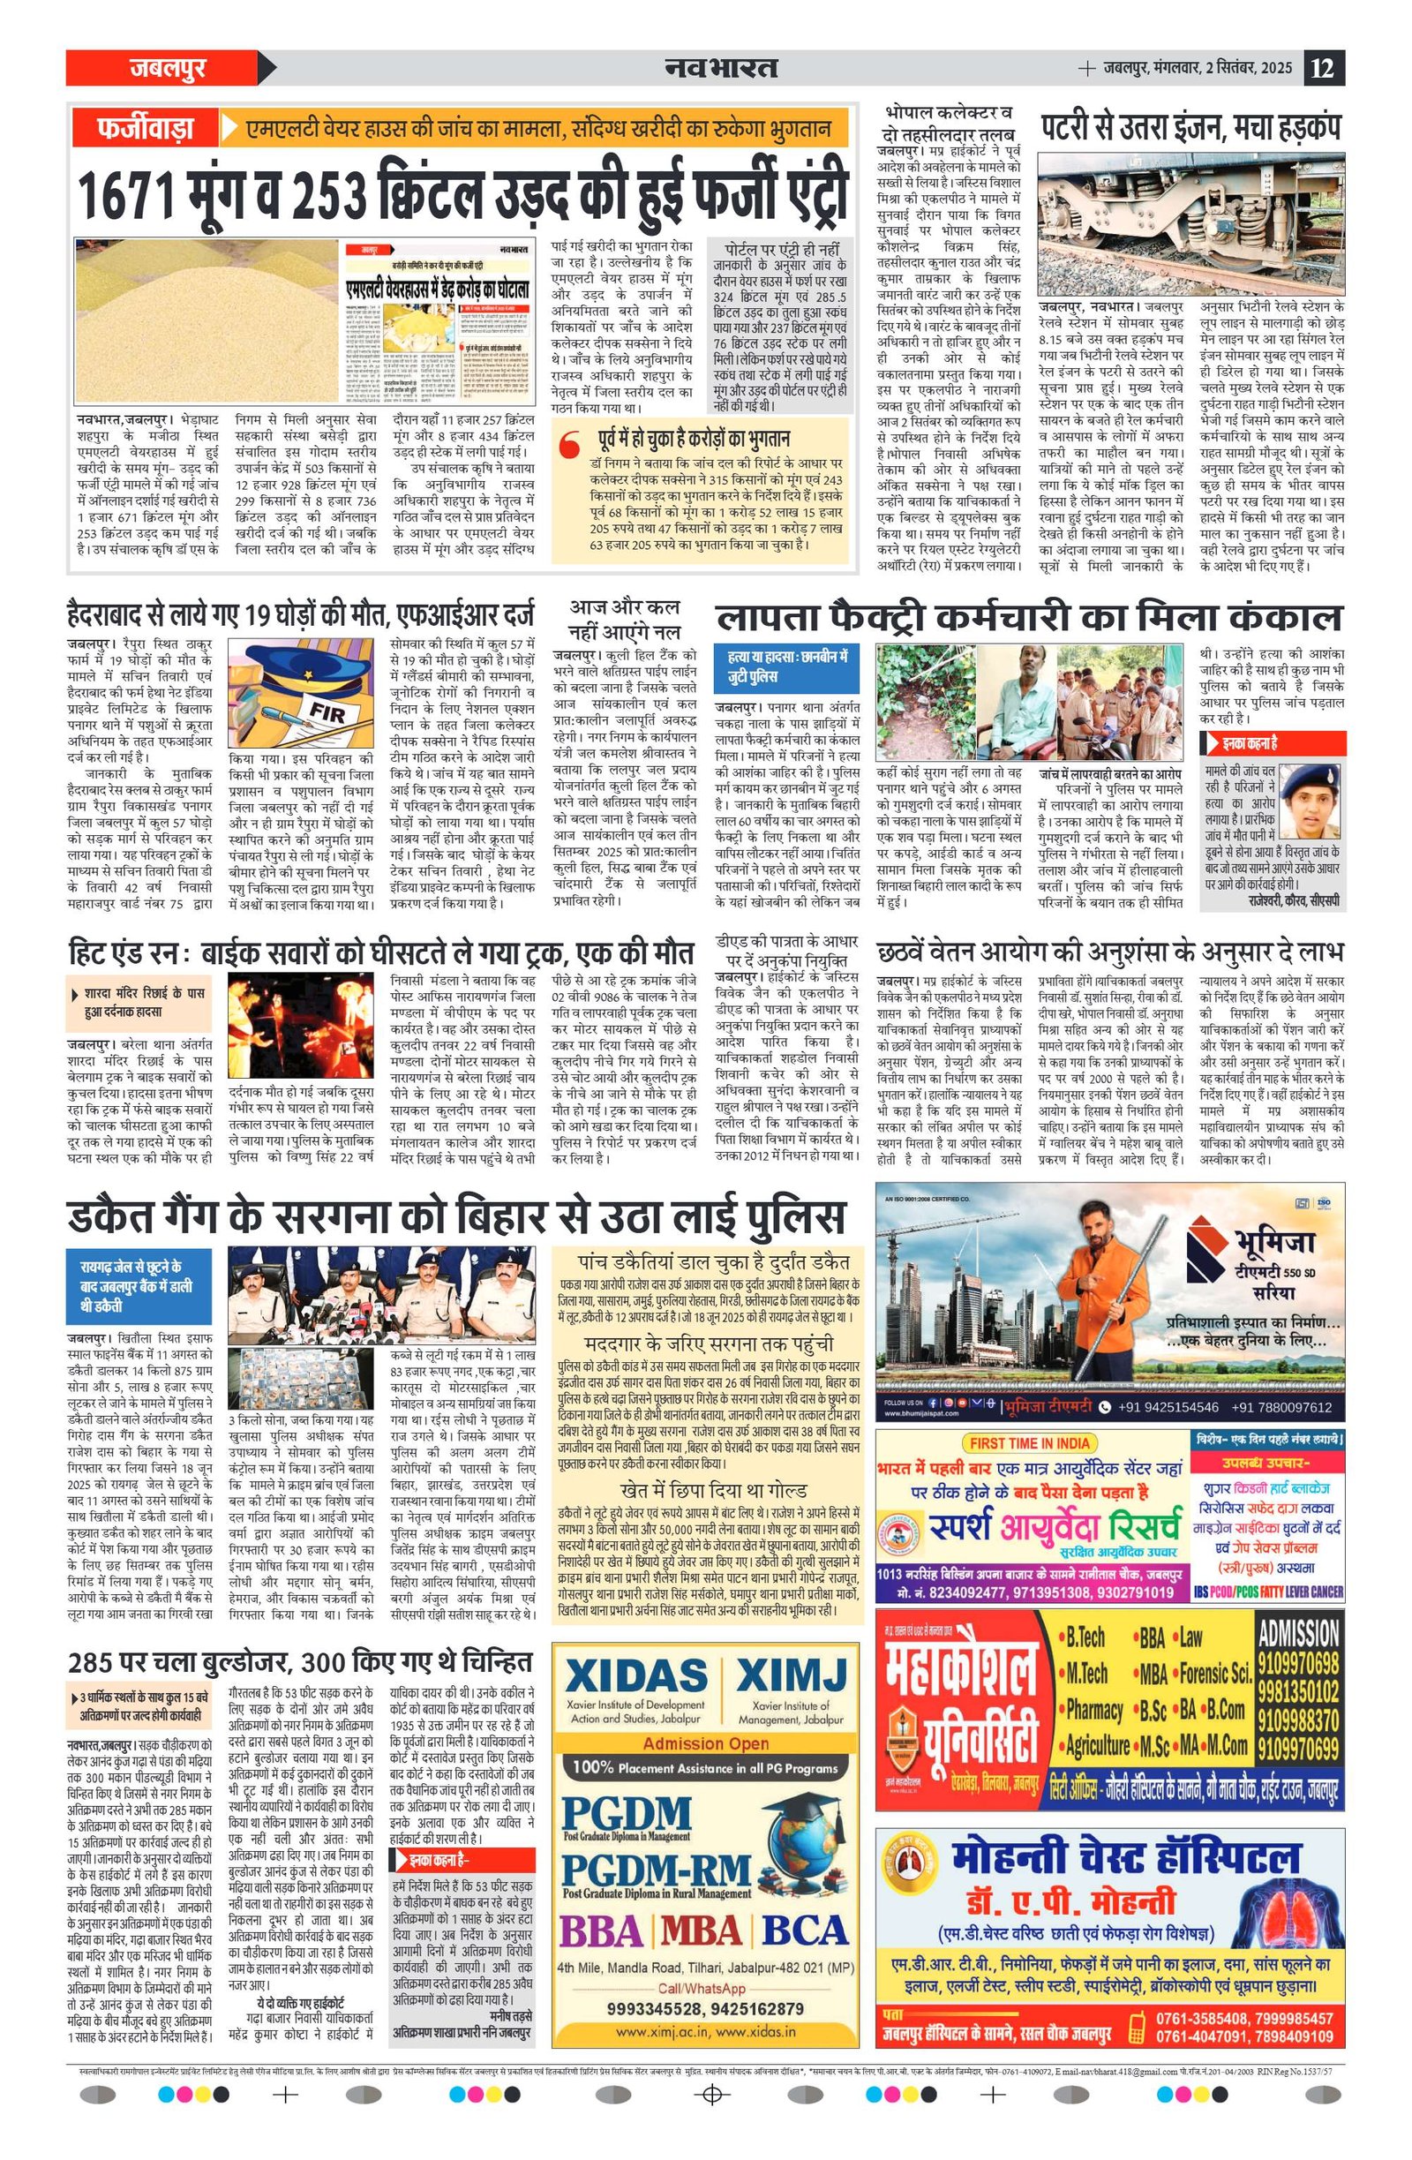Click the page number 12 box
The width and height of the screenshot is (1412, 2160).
point(1324,68)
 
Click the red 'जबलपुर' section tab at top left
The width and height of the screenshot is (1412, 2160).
point(168,68)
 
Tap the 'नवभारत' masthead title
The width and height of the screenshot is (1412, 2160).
point(720,68)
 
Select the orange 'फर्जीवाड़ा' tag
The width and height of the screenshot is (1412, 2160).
point(146,128)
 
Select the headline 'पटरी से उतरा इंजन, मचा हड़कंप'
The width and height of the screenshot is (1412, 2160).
point(1190,126)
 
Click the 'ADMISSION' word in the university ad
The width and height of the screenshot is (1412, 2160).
point(1297,1636)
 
